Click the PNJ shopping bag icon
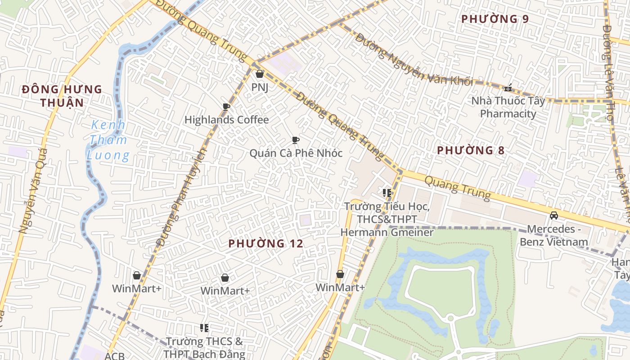click(259, 74)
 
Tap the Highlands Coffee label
click(226, 120)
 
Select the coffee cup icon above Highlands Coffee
click(226, 107)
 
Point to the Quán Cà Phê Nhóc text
click(296, 153)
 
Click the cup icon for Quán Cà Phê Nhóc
click(295, 140)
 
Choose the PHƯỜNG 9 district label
click(495, 19)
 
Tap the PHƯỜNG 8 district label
click(471, 150)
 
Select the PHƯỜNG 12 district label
click(265, 243)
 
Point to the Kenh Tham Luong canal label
click(108, 140)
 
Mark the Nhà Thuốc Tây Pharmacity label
click(508, 107)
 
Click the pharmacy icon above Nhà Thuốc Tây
click(508, 88)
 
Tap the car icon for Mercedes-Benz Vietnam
click(554, 216)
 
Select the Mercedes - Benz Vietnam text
click(554, 235)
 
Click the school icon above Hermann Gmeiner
click(387, 193)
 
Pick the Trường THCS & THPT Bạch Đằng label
click(204, 347)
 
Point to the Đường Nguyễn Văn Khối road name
click(414, 59)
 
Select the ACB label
click(114, 356)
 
